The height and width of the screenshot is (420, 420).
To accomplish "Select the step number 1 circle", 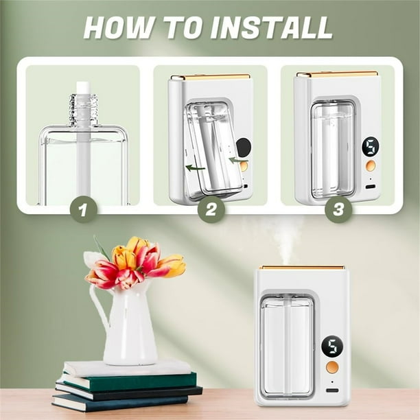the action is pyautogui.click(x=83, y=209).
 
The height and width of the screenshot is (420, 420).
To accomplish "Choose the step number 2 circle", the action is pyautogui.click(x=211, y=209).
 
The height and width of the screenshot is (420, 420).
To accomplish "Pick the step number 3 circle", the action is pyautogui.click(x=338, y=209).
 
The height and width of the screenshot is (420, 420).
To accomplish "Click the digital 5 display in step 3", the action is pyautogui.click(x=370, y=147).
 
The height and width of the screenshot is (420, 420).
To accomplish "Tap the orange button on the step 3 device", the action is pyautogui.click(x=370, y=166).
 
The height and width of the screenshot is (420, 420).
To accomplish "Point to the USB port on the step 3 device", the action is pyautogui.click(x=371, y=187).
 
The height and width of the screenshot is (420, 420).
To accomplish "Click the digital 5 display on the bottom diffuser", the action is pyautogui.click(x=332, y=347).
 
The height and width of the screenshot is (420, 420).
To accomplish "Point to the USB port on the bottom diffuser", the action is pyautogui.click(x=332, y=390).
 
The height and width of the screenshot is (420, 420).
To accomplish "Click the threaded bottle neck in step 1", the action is pyautogui.click(x=83, y=110).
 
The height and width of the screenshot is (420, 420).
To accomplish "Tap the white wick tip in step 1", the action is pyautogui.click(x=83, y=88).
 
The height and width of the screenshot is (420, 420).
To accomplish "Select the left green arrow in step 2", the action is pyautogui.click(x=196, y=168).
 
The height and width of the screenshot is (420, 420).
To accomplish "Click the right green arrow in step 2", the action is pyautogui.click(x=239, y=160).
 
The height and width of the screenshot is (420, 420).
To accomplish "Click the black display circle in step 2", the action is pyautogui.click(x=244, y=148).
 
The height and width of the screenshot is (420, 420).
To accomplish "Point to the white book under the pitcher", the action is pyautogui.click(x=127, y=368).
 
